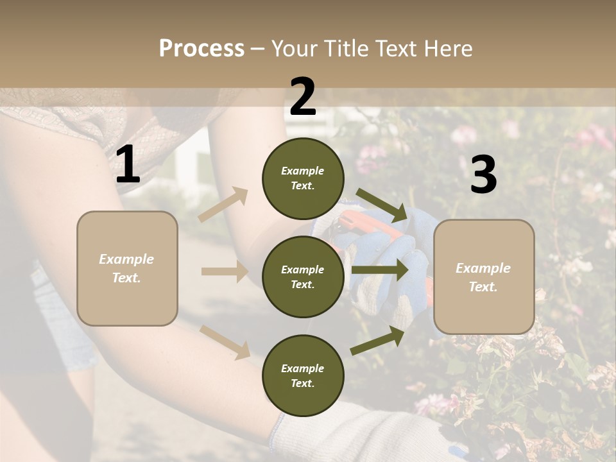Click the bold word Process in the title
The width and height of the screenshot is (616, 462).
[201, 49]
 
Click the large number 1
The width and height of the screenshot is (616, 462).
[128, 166]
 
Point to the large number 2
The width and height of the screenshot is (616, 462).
[303, 97]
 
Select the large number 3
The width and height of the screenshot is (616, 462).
[483, 175]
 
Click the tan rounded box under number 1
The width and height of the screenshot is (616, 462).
[127, 268]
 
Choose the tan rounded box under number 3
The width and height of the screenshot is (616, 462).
[484, 277]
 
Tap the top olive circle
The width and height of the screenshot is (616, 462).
[303, 178]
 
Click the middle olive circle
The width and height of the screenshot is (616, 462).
[303, 277]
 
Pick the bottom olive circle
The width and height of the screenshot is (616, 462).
[303, 375]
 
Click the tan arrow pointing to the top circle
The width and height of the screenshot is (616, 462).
[223, 205]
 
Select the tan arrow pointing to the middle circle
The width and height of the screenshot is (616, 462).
[225, 271]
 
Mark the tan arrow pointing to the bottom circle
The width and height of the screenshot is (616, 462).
[225, 341]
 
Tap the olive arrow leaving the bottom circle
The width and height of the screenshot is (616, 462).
[378, 341]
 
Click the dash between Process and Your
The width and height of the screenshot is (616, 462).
[258, 49]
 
